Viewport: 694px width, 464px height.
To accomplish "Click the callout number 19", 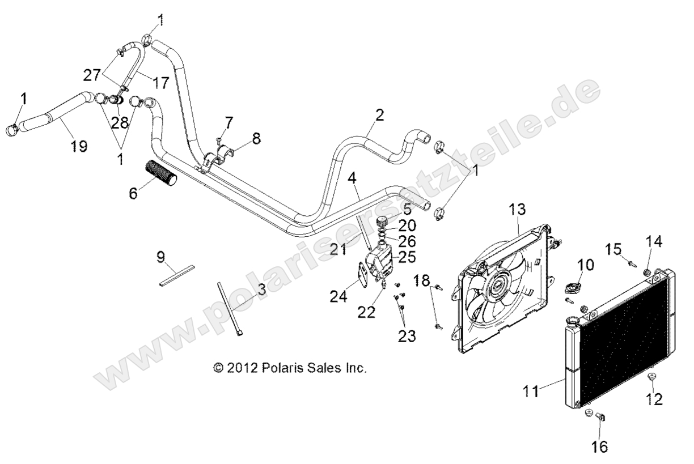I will [x=79, y=146].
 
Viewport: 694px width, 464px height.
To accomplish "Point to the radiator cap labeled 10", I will [x=572, y=288].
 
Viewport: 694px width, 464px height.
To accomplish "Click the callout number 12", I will [x=655, y=399].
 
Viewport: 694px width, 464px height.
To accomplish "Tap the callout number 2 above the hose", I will [x=379, y=116].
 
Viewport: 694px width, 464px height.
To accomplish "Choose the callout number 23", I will [x=406, y=336].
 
